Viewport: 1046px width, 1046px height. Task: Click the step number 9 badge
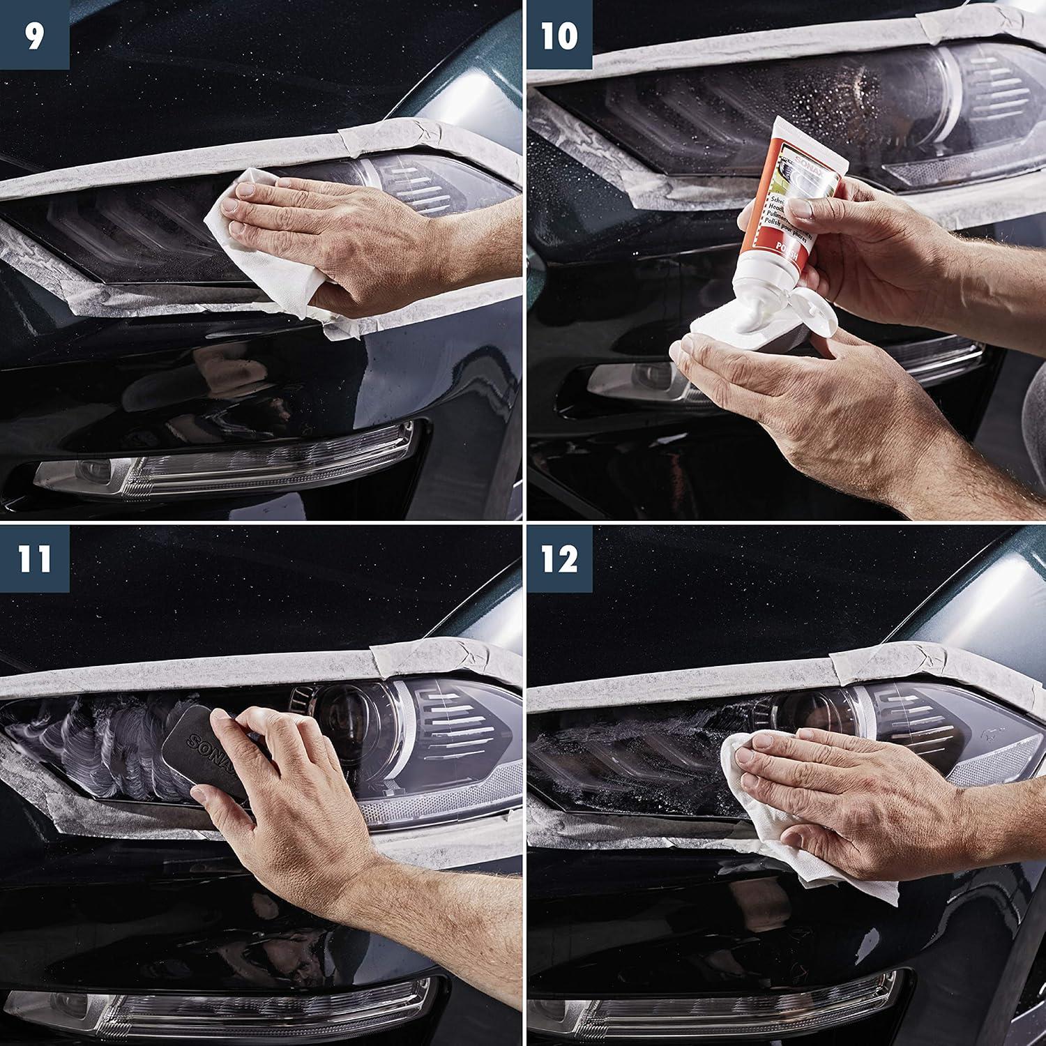(34, 34)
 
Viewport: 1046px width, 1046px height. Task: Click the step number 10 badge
(559, 34)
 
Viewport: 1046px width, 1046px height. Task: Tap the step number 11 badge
(34, 559)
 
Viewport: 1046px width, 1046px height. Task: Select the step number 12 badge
(559, 559)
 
